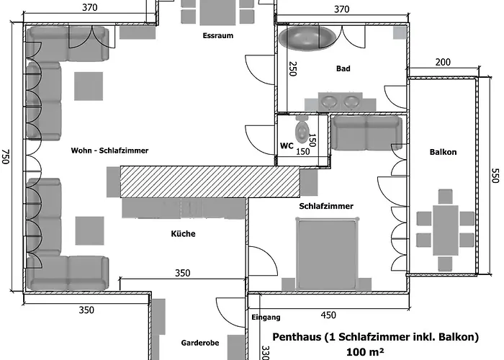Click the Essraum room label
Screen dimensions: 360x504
[218, 35]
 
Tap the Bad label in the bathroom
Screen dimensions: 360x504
[343, 69]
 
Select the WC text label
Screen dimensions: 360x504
[286, 145]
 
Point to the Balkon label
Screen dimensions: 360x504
[443, 152]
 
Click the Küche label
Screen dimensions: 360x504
[183, 233]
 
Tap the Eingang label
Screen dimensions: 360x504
[266, 317]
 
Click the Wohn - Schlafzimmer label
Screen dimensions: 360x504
[109, 150]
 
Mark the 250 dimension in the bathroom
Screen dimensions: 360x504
[293, 69]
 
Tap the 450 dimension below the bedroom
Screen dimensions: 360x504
[328, 314]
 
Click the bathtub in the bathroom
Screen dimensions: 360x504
[306, 38]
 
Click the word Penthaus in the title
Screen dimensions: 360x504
[297, 336]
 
